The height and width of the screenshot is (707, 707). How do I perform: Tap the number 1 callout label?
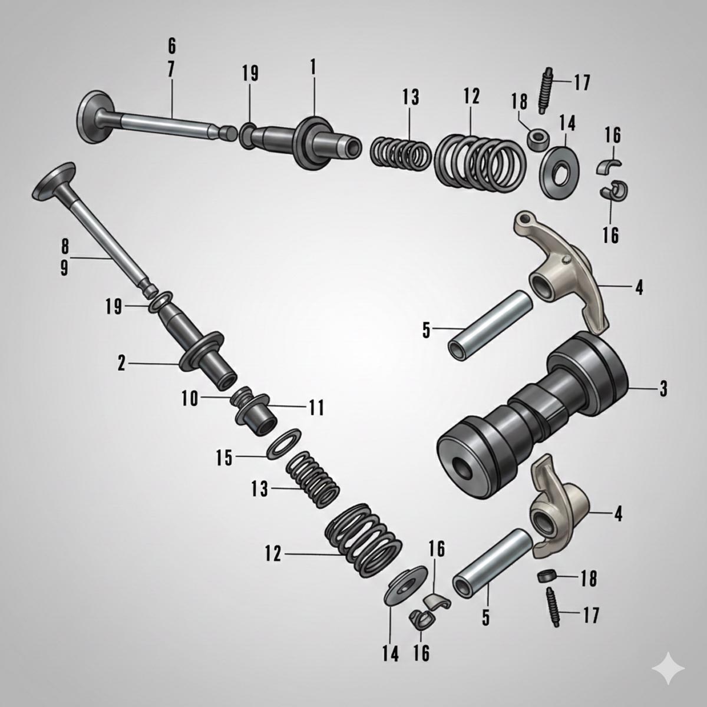pyautogui.click(x=313, y=67)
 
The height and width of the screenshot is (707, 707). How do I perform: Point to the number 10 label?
pyautogui.click(x=190, y=398)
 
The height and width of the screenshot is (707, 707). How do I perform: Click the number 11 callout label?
pyautogui.click(x=316, y=407)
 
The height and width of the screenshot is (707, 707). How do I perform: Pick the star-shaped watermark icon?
pyautogui.click(x=668, y=669)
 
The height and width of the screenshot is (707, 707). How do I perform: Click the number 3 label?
pyautogui.click(x=663, y=389)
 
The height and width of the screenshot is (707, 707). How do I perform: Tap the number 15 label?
pyautogui.click(x=224, y=458)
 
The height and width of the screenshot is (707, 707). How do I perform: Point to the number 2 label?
pyautogui.click(x=121, y=364)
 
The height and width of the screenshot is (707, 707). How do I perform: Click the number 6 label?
pyautogui.click(x=171, y=46)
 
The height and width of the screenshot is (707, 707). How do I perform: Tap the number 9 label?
pyautogui.click(x=64, y=268)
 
